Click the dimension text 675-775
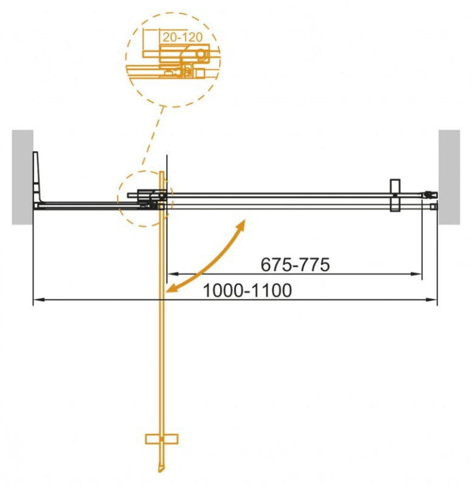[295, 265]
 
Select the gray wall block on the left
[22, 177]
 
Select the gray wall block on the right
[449, 177]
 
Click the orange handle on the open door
[161, 438]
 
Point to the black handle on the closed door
[395, 196]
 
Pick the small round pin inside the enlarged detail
[199, 55]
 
